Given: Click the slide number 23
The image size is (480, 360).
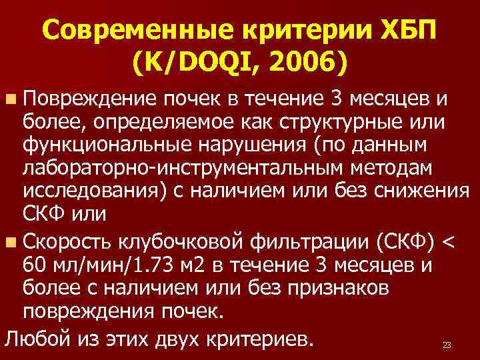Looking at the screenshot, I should point(447,345).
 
